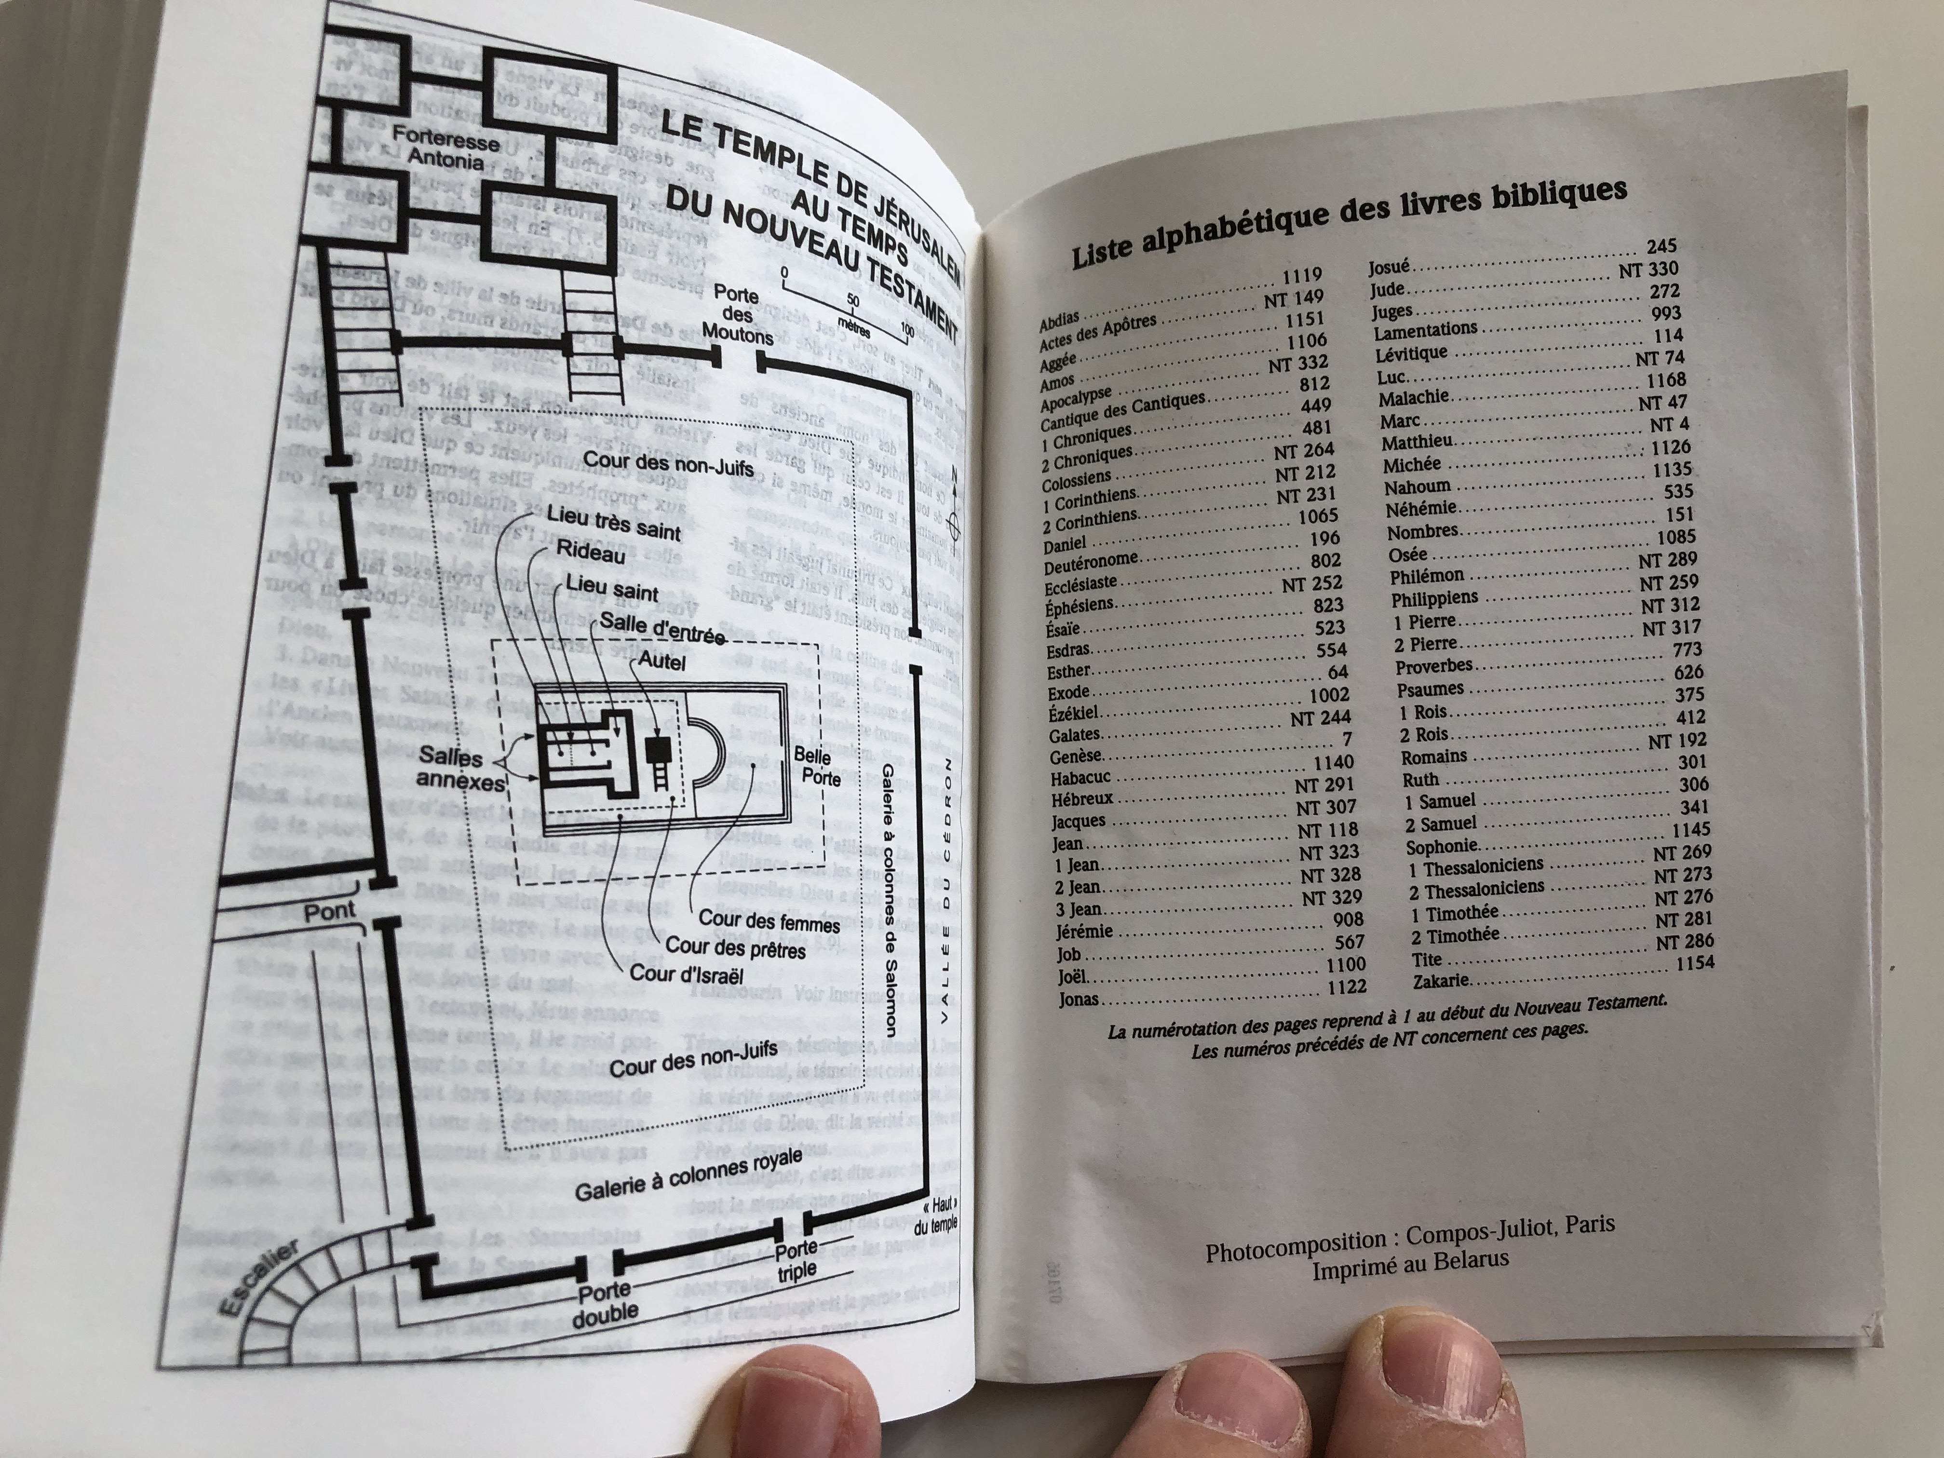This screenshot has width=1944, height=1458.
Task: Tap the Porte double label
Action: [605, 1302]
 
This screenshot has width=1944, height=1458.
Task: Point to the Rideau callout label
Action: [591, 553]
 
